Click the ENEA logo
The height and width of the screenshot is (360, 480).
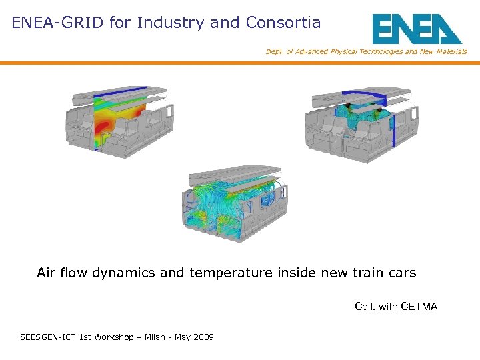click(417, 29)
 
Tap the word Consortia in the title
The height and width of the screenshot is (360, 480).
click(283, 23)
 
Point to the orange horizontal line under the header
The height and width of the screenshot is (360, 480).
click(240, 63)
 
